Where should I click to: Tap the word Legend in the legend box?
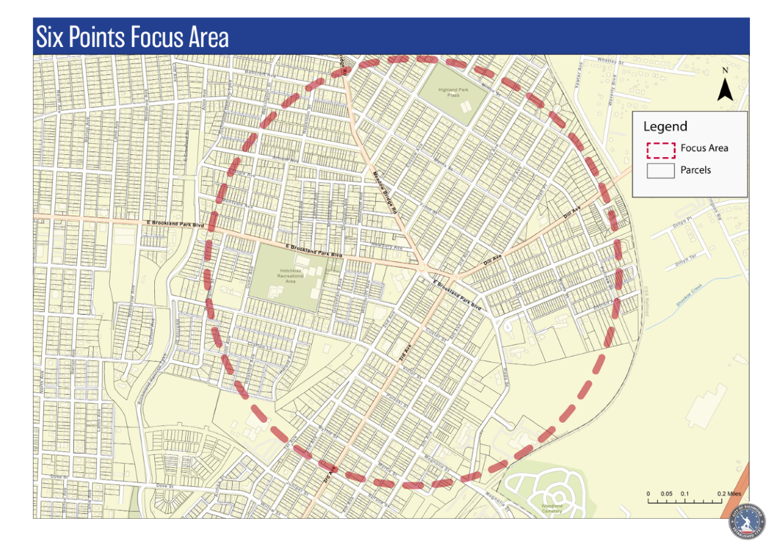(x=665, y=126)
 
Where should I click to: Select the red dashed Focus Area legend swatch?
(x=661, y=150)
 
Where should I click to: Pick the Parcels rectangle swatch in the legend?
(x=661, y=171)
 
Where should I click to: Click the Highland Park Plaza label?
(x=453, y=92)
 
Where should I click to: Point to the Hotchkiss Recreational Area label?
(x=290, y=276)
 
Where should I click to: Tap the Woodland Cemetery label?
(x=552, y=508)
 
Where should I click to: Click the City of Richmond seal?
(x=747, y=520)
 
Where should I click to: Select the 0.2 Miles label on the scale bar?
(x=728, y=494)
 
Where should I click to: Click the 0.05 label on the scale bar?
(x=666, y=494)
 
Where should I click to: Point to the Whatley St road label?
(x=610, y=61)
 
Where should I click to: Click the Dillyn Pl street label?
(x=682, y=223)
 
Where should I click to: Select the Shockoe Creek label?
(x=689, y=295)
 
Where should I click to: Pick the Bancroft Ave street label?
(x=260, y=74)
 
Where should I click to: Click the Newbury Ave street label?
(x=386, y=246)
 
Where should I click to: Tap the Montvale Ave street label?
(x=238, y=204)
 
